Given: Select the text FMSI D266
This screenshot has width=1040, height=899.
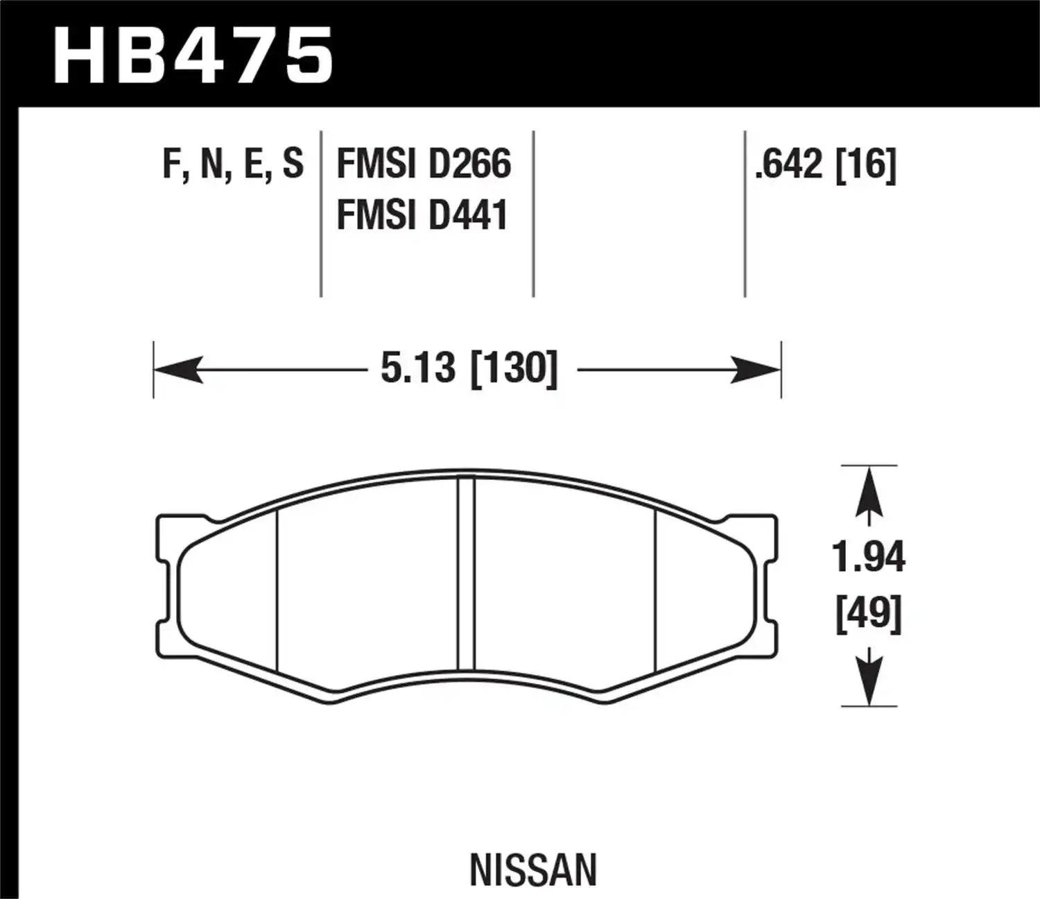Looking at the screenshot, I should pyautogui.click(x=423, y=164).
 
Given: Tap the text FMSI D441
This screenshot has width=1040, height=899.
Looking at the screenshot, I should pyautogui.click(x=422, y=214).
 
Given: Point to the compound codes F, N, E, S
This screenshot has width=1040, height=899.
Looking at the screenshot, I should pyautogui.click(x=233, y=164).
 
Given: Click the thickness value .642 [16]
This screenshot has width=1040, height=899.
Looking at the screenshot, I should pyautogui.click(x=825, y=164).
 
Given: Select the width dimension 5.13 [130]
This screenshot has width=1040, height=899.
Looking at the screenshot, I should pyautogui.click(x=469, y=368).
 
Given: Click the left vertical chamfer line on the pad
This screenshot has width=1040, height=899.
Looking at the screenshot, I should pyautogui.click(x=277, y=590).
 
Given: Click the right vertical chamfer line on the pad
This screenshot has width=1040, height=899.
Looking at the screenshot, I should pyautogui.click(x=655, y=590).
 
